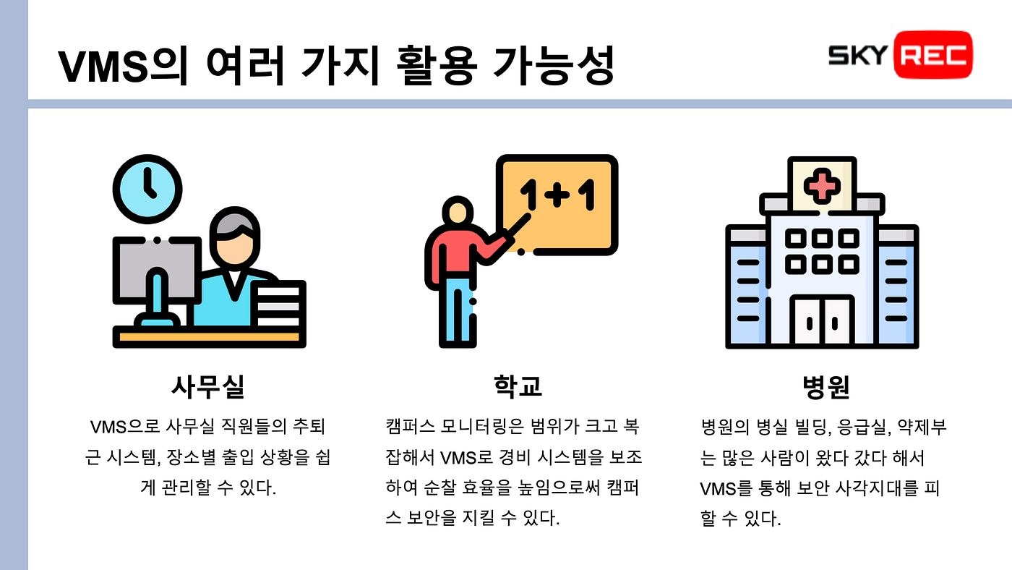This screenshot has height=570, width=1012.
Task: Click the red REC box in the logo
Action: pos(933,54)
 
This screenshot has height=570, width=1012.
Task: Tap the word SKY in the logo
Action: pos(857,55)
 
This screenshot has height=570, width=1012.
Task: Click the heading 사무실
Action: pos(207,387)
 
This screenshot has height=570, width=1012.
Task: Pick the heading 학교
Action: pos(513,387)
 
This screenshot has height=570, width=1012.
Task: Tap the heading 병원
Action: pos(825,387)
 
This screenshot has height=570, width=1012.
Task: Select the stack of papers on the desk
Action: pos(279,304)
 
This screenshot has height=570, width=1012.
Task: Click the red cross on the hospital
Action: pos(822,186)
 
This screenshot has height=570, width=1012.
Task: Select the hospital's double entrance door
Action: pos(822,320)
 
